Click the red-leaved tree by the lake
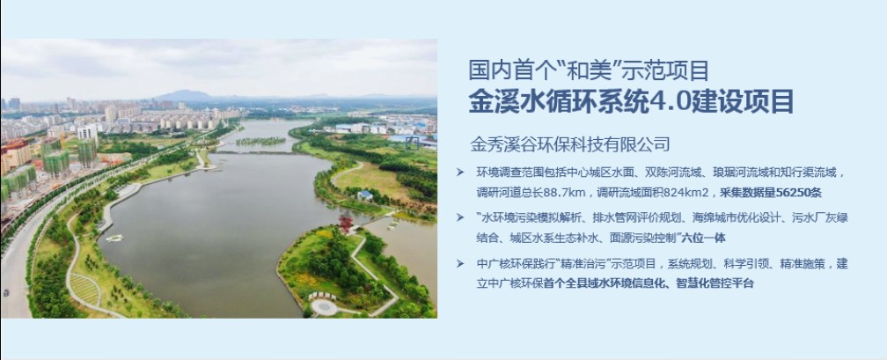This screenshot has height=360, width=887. coord(345,224)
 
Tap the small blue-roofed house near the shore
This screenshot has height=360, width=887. coord(365,195)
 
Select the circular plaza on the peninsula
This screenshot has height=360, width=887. coord(325,307)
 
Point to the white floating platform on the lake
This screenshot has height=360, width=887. coord(114,239)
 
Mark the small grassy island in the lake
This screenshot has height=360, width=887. coord(260,141)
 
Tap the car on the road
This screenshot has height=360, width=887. coord(5,292)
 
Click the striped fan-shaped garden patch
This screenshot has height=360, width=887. coord(84,288)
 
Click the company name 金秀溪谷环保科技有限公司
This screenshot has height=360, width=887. coord(570,143)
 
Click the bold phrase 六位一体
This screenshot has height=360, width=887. coord(703,239)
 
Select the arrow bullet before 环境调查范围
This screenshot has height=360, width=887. coord(460,172)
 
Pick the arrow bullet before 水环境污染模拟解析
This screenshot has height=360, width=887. coord(460,217)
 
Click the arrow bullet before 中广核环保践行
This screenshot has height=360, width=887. coord(460,264)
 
